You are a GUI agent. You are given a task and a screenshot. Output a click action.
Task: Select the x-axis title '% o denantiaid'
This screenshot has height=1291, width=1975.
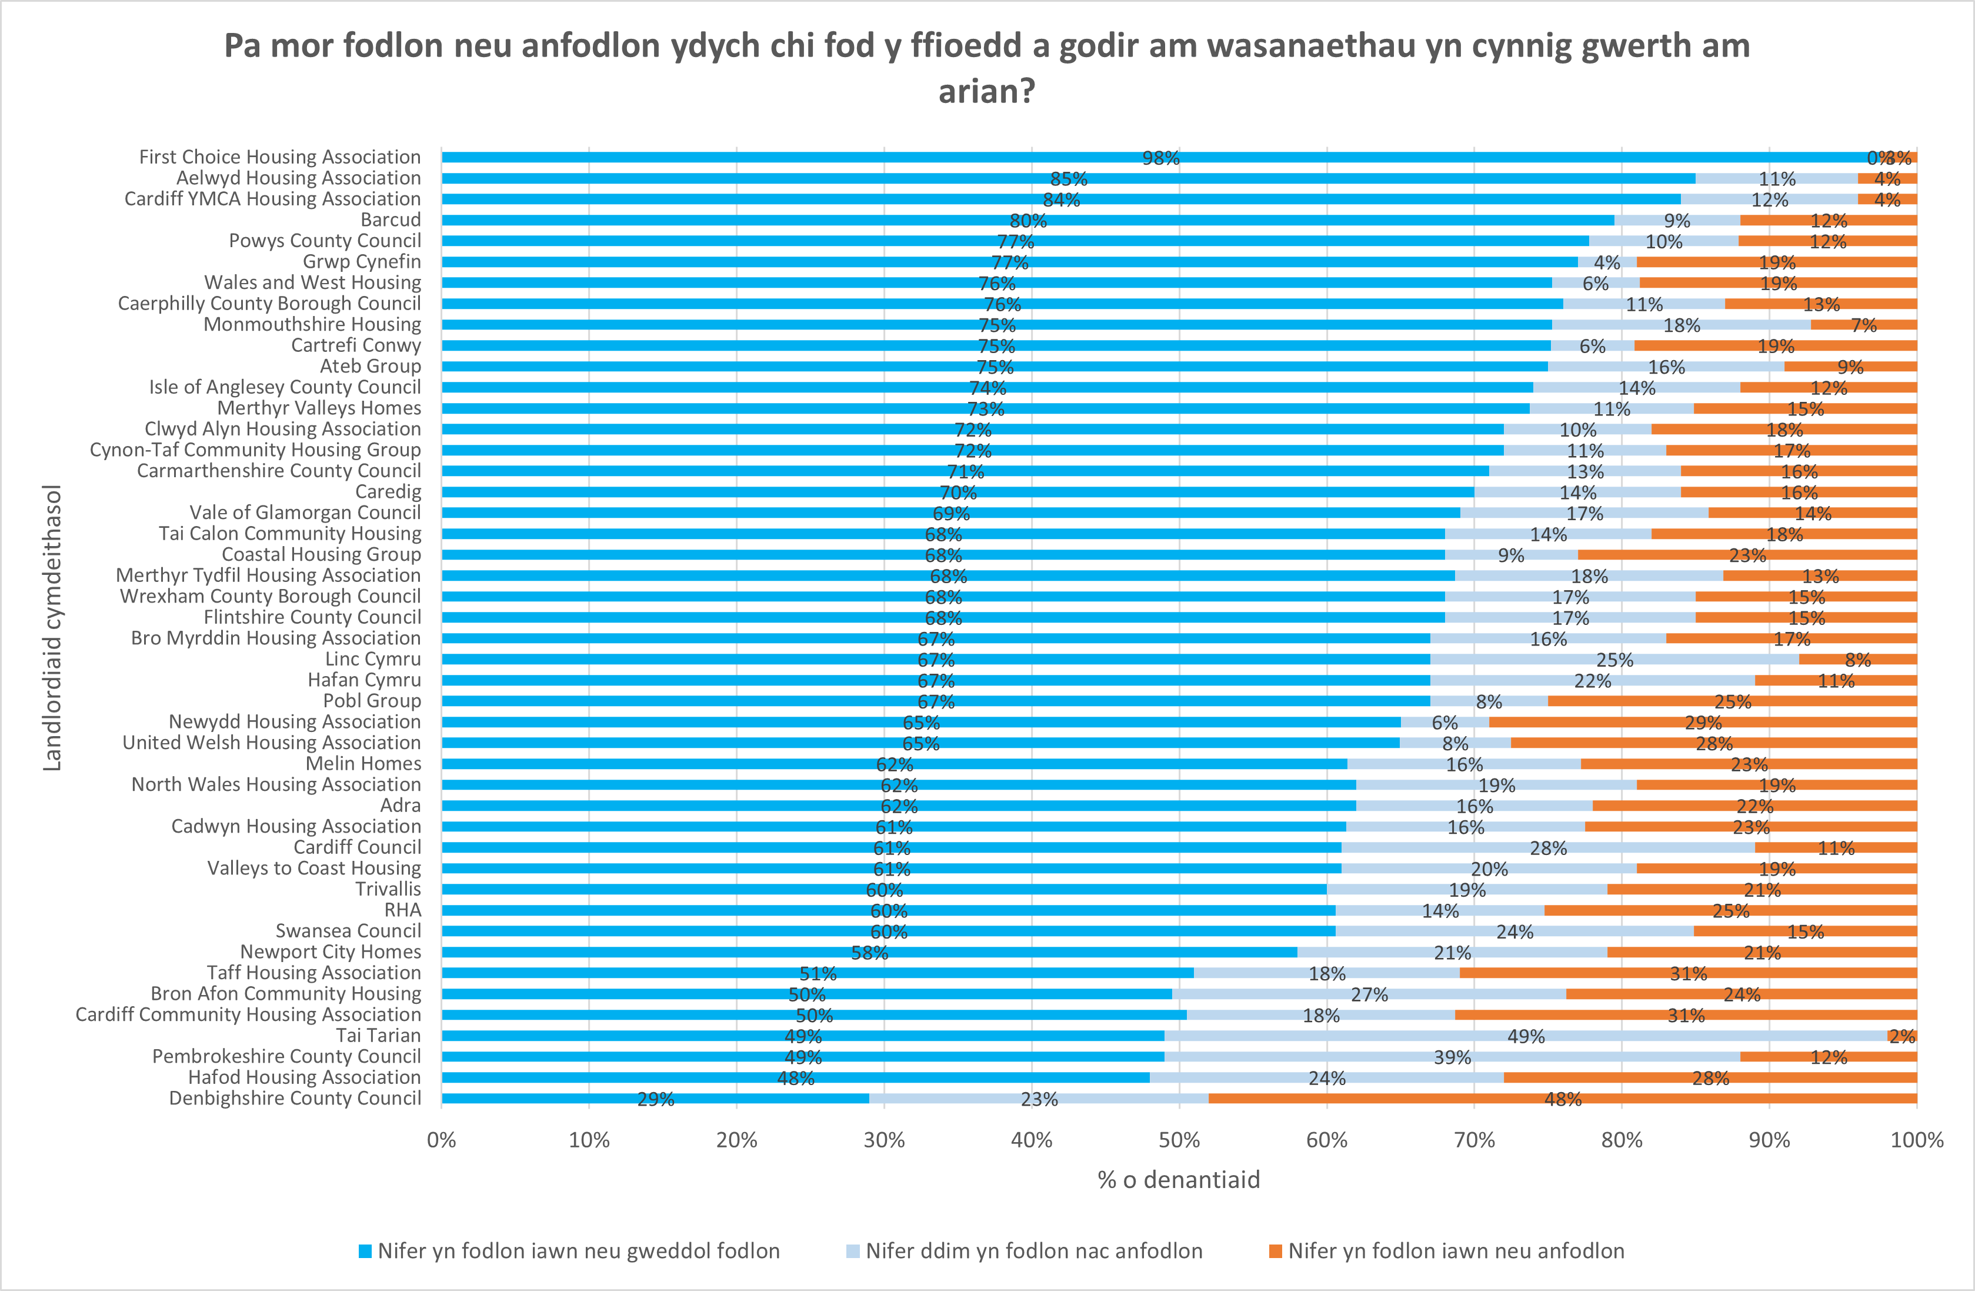click(x=1179, y=1180)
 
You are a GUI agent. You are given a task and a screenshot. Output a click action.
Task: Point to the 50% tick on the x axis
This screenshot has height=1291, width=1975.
click(x=1179, y=1140)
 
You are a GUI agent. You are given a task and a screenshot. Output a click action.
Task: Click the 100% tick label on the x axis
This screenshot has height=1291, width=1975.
click(x=1916, y=1140)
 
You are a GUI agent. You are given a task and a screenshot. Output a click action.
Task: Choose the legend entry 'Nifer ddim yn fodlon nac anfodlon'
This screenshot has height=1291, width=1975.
click(x=1033, y=1251)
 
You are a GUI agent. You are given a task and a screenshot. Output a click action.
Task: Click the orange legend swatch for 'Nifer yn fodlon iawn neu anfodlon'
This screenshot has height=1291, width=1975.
click(x=1276, y=1251)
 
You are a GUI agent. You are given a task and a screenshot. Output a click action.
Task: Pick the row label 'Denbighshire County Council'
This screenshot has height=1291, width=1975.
click(x=295, y=1099)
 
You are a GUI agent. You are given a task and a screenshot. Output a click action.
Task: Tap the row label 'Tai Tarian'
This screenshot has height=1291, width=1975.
click(x=378, y=1035)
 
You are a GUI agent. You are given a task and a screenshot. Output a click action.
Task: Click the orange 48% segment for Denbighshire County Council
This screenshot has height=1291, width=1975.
click(x=1563, y=1099)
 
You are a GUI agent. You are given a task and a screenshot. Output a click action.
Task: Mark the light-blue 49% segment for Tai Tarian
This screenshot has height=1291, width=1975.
click(x=1525, y=1035)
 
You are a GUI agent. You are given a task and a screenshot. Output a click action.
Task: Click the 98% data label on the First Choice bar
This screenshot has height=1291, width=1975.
click(x=1160, y=158)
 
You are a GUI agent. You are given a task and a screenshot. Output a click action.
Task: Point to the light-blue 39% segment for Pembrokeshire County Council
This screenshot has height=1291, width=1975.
click(x=1452, y=1057)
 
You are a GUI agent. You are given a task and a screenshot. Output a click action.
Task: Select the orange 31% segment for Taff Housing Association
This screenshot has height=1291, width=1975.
click(x=1688, y=973)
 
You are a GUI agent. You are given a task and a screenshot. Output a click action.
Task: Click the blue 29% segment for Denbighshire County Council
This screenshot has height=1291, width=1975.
click(x=656, y=1099)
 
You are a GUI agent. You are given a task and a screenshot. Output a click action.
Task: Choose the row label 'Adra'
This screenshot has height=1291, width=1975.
click(x=400, y=806)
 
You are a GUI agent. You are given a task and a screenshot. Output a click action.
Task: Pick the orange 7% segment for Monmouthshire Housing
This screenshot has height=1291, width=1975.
click(x=1864, y=325)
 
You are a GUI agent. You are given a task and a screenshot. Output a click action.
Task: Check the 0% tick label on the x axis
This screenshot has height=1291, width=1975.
click(x=442, y=1140)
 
